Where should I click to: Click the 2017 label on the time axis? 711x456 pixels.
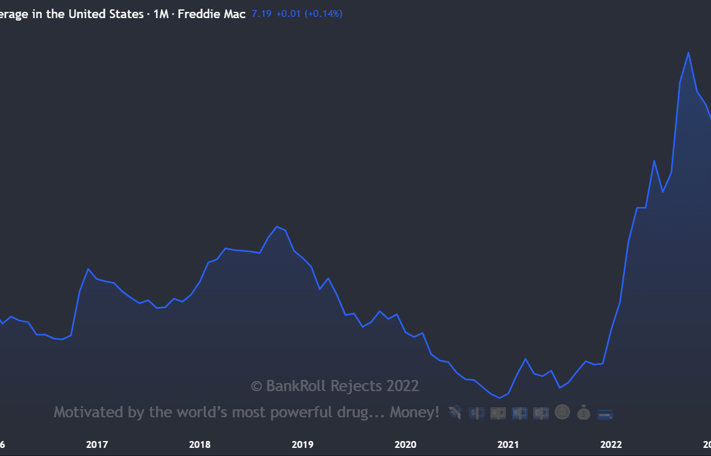[x=97, y=445]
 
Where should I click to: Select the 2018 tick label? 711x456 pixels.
[x=200, y=445]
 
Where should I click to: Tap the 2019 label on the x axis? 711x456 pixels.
[x=302, y=445]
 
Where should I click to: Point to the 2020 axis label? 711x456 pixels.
[x=405, y=445]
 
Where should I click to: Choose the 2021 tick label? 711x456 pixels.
[x=508, y=445]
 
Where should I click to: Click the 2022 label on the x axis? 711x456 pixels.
[x=611, y=445]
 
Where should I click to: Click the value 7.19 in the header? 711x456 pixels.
[x=261, y=14]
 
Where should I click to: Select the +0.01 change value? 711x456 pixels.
[x=287, y=14]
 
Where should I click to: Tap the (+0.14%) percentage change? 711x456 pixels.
[x=324, y=14]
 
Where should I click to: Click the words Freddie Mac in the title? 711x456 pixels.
[x=211, y=14]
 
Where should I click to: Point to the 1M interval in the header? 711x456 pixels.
[x=160, y=14]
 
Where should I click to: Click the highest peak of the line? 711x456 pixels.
[x=688, y=52]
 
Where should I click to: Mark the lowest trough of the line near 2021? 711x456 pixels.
[x=500, y=398]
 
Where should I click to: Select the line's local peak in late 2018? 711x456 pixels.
[x=277, y=226]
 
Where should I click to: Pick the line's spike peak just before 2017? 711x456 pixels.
[x=88, y=269]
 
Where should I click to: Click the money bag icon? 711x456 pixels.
[x=583, y=412]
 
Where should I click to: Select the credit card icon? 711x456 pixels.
[x=605, y=414]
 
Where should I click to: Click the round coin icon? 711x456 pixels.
[x=562, y=412]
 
